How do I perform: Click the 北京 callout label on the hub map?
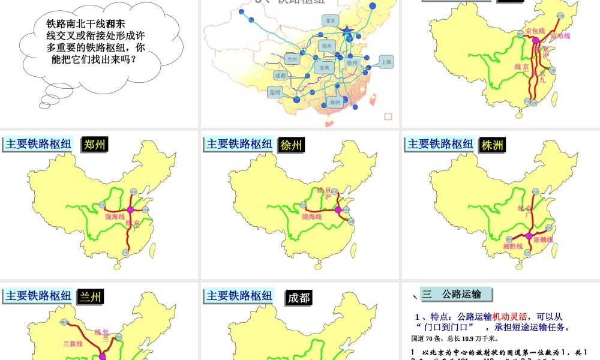point(330,20)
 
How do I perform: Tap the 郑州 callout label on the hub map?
point(326,45)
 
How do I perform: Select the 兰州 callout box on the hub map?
point(292,59)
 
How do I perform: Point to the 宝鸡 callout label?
point(324,68)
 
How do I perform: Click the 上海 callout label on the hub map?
point(386,61)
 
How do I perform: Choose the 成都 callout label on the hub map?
point(280,76)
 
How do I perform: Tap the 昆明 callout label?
point(275,92)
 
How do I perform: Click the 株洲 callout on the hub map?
point(335,103)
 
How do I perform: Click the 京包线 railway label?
point(535,31)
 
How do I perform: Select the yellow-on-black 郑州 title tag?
point(95,144)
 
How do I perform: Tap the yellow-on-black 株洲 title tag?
point(493,145)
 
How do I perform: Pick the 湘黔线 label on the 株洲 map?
point(512,246)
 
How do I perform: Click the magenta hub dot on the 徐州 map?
point(338,209)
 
